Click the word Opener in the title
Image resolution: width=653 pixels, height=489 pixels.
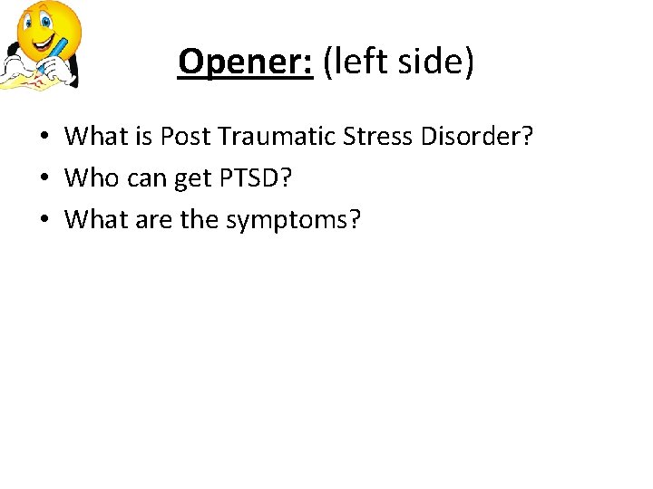pos(245,62)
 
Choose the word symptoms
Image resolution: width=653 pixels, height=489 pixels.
pos(293,220)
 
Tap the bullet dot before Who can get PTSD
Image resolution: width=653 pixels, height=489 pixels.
pos(44,178)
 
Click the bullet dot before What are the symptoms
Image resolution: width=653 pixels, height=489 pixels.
pos(44,219)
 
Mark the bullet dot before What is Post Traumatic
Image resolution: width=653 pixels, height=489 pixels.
pos(44,138)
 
